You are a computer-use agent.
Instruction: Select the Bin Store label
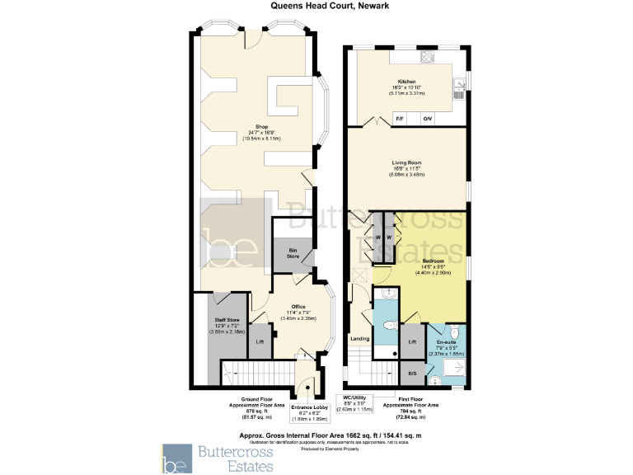[x=293, y=253]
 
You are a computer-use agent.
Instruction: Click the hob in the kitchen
[x=427, y=57]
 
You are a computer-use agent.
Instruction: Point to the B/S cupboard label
[x=412, y=374]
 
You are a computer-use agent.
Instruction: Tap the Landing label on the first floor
[x=359, y=338]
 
